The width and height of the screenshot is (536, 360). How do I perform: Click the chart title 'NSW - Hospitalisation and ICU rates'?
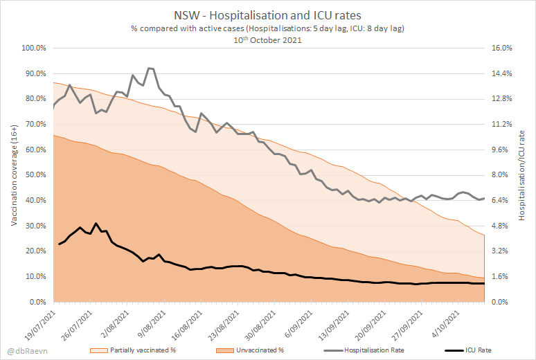pyautogui.click(x=269, y=15)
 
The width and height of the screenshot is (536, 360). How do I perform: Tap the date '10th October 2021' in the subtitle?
pyautogui.click(x=269, y=39)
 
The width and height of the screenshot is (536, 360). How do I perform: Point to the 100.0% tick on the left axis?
pyautogui.click(x=33, y=48)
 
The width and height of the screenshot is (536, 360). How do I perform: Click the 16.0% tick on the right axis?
pyautogui.click(x=502, y=48)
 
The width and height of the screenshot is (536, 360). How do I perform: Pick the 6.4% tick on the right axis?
pyautogui.click(x=501, y=201)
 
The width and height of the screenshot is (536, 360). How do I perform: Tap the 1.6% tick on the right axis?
pyautogui.click(x=501, y=277)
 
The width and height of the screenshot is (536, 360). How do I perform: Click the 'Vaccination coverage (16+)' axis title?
pyautogui.click(x=13, y=175)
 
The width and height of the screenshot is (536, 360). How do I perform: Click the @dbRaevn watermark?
pyautogui.click(x=22, y=350)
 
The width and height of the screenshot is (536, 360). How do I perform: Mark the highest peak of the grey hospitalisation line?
pyautogui.click(x=150, y=68)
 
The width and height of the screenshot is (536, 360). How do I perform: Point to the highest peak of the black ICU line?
pyautogui.click(x=96, y=224)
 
